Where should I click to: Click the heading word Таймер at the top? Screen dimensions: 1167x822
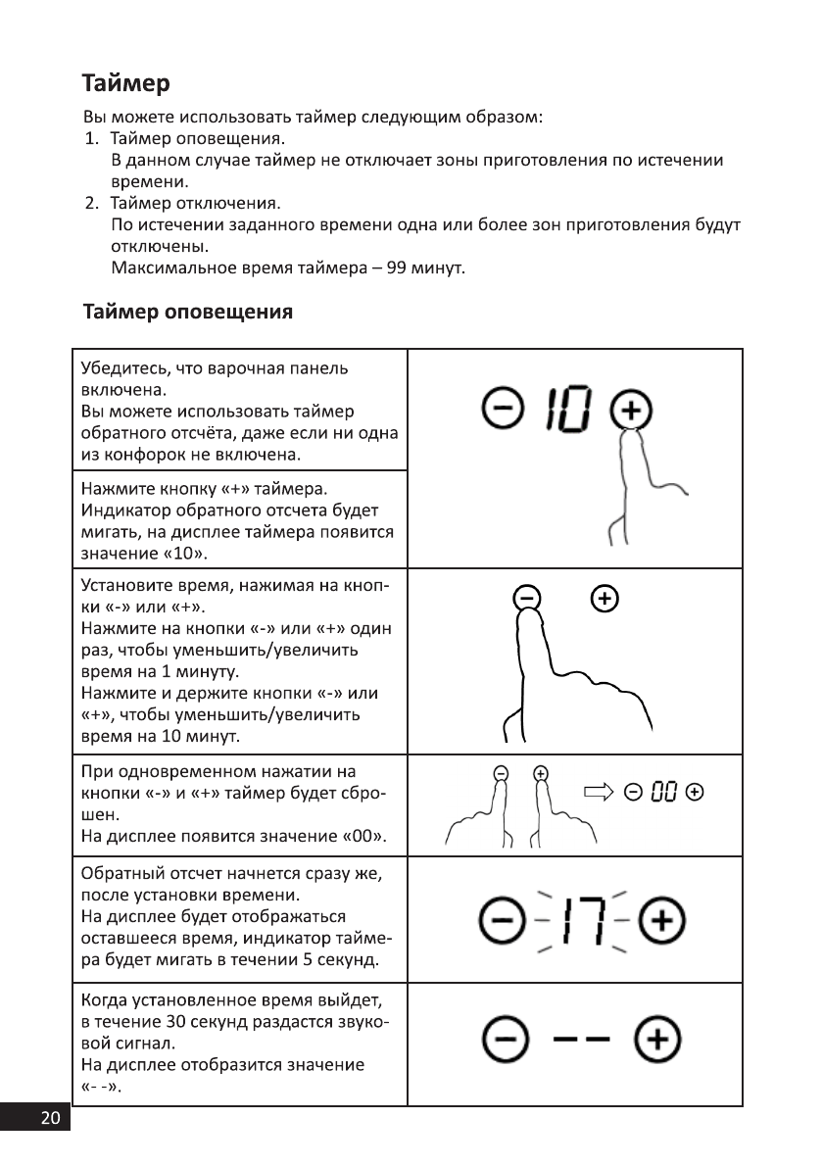(x=126, y=81)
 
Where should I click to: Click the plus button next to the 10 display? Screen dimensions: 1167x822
(x=631, y=409)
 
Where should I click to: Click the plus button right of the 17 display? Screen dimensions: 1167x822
(x=661, y=922)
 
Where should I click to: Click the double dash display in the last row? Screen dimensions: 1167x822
(x=576, y=1038)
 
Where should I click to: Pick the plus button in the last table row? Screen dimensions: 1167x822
(x=655, y=1038)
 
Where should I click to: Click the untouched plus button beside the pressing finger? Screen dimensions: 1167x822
(x=605, y=596)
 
